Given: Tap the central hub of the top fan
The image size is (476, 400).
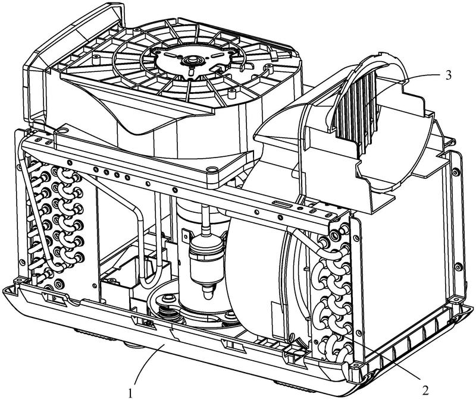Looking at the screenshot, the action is tap(192, 61).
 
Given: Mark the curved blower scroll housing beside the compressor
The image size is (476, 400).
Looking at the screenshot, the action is tap(256, 267).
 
